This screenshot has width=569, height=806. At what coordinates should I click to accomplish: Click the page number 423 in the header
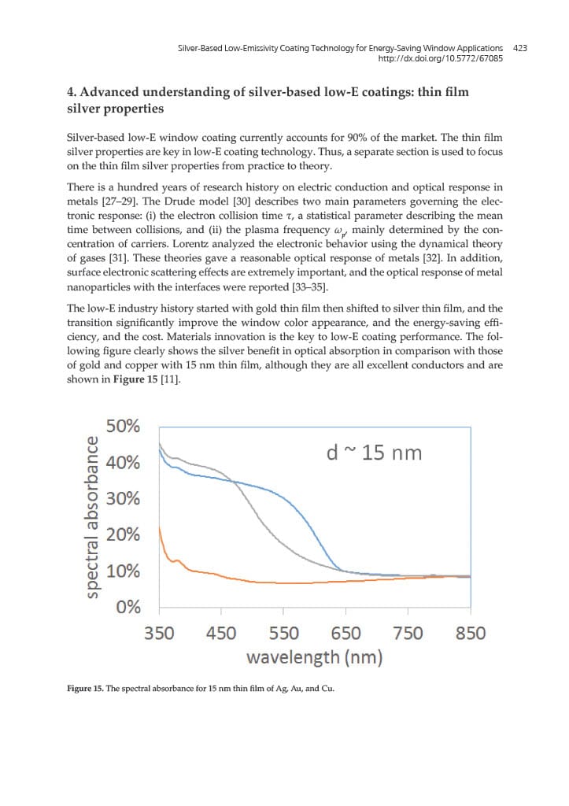click(x=519, y=48)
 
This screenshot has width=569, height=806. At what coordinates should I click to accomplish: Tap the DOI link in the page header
click(x=441, y=59)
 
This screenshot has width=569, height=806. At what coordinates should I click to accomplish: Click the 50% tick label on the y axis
click(x=124, y=427)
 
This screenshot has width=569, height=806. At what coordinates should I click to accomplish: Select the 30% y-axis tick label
click(x=124, y=499)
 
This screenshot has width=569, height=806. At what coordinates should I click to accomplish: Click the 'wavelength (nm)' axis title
click(x=314, y=657)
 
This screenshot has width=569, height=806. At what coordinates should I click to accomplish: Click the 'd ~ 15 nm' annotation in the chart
click(x=374, y=453)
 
